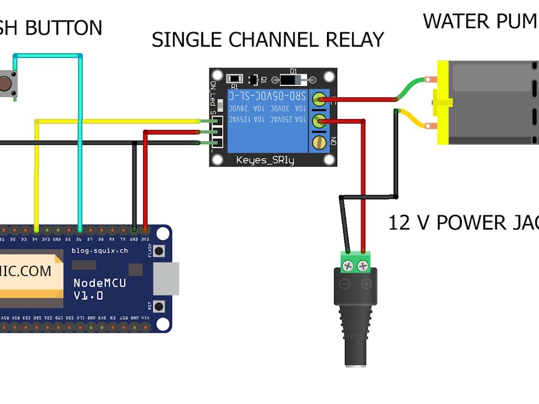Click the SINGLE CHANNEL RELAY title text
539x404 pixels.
[x=267, y=40]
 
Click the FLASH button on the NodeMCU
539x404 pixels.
[x=159, y=252]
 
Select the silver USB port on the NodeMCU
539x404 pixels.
[x=166, y=279]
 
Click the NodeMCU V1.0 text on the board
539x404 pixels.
[x=99, y=289]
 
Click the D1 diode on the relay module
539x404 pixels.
[x=293, y=79]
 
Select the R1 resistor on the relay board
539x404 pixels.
[x=235, y=79]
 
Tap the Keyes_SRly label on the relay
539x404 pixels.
[x=265, y=160]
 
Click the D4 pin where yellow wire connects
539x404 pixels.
[x=37, y=229]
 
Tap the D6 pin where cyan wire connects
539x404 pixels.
[x=80, y=229]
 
